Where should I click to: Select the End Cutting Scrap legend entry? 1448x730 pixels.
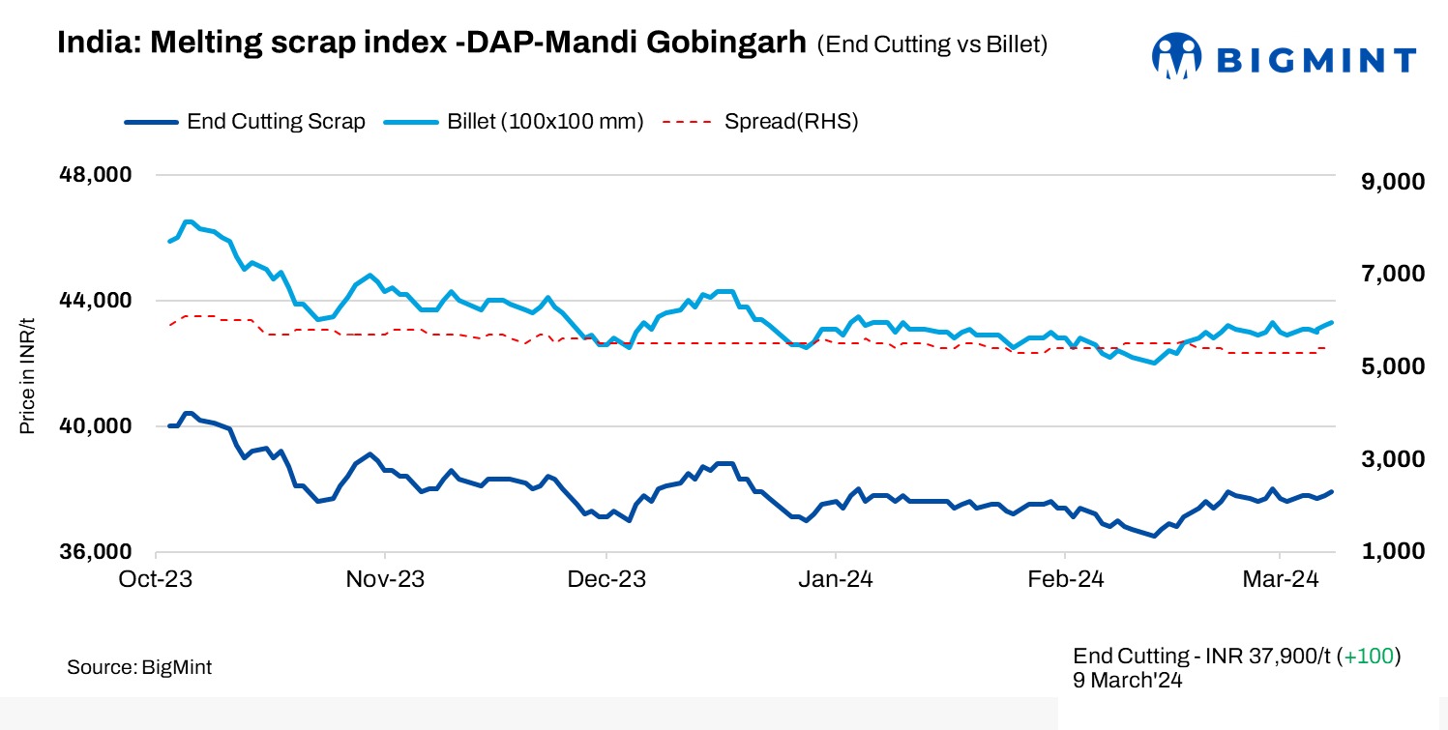[245, 122]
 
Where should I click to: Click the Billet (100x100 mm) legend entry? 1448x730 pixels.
[514, 122]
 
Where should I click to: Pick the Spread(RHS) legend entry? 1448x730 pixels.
[760, 122]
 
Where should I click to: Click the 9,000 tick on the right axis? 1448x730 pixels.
[1385, 182]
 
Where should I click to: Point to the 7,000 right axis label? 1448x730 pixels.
[1385, 275]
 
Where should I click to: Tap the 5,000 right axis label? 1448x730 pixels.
[1385, 366]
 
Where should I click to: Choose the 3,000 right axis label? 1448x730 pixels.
[1385, 459]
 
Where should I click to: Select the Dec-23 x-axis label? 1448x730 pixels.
[606, 580]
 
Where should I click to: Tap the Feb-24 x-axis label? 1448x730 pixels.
[1064, 580]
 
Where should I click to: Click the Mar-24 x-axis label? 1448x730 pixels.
[1281, 580]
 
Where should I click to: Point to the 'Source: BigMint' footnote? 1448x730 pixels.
[139, 667]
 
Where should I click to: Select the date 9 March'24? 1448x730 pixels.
[1128, 680]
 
